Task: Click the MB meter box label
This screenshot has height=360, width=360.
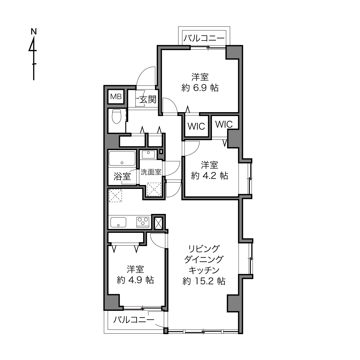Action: click(116, 97)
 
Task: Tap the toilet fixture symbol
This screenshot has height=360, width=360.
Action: click(116, 116)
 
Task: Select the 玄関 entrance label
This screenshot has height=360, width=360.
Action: click(148, 99)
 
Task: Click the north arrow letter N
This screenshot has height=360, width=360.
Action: click(34, 32)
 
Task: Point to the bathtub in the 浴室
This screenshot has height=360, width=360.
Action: click(122, 158)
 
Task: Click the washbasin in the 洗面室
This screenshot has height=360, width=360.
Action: click(148, 154)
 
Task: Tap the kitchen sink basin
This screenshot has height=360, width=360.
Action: click(118, 222)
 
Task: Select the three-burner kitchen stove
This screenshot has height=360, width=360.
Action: click(143, 222)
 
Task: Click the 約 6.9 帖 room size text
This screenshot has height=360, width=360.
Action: click(200, 87)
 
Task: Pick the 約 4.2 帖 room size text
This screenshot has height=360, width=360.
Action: click(209, 176)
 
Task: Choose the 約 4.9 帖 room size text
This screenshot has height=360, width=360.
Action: click(135, 280)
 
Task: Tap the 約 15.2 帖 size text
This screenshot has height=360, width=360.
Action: click(204, 281)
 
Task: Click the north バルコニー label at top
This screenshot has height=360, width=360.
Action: click(204, 38)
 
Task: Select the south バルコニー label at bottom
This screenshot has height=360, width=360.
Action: click(134, 320)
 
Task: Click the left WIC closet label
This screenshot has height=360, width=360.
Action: click(196, 127)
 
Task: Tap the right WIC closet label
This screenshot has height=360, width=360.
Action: click(224, 124)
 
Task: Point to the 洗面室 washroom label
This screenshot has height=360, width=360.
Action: click(151, 172)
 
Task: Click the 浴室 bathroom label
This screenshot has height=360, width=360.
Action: click(122, 177)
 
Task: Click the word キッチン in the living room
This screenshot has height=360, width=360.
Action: click(204, 270)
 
